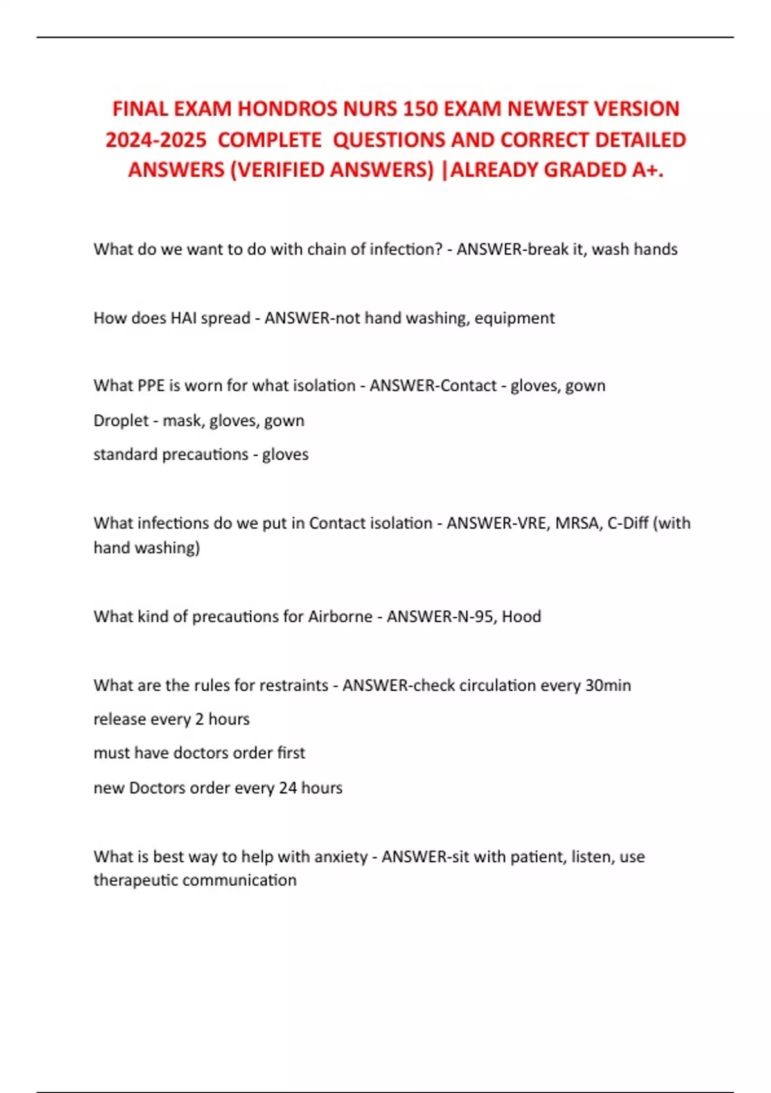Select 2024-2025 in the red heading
click(156, 140)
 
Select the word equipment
click(515, 318)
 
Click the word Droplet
click(121, 420)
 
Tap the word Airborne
click(340, 617)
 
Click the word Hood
click(521, 617)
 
